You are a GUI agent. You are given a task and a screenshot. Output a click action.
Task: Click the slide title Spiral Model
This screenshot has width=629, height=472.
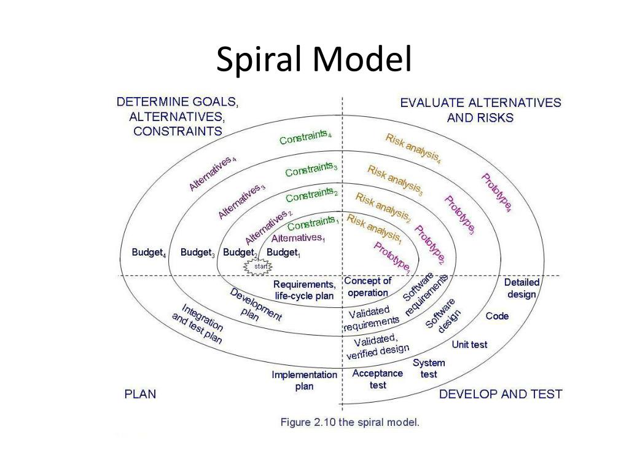[x=314, y=61]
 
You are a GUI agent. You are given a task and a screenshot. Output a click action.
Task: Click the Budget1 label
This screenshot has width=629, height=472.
[x=283, y=253]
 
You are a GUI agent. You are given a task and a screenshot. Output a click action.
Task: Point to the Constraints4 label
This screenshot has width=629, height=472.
[x=305, y=137]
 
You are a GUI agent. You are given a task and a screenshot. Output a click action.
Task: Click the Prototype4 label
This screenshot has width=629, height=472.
[x=496, y=193]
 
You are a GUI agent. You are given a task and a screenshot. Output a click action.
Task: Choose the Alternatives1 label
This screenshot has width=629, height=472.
[x=298, y=238]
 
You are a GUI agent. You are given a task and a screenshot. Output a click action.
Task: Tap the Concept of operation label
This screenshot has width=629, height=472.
[x=368, y=287]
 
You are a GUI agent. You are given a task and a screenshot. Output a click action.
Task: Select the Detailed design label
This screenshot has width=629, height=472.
[x=522, y=288]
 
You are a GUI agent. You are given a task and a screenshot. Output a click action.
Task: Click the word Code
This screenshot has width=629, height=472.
[x=497, y=316]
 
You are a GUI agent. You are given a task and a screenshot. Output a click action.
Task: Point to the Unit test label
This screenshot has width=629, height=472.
[x=469, y=345]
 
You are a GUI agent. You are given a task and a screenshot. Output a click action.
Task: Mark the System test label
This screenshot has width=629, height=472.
[x=429, y=368]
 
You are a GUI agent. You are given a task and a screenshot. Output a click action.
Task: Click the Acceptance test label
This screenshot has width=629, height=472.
[x=378, y=379]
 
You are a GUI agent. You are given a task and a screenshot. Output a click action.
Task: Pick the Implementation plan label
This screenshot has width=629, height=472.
[x=305, y=380]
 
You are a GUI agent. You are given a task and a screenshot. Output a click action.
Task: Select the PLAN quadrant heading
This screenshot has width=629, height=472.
[x=140, y=394]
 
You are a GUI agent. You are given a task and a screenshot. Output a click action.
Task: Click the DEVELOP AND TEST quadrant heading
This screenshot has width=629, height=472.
[x=501, y=394]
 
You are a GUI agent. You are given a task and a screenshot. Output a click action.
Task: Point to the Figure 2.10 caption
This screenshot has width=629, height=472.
[x=350, y=422]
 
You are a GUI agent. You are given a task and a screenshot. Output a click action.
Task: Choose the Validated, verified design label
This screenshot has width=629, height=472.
[x=377, y=346]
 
